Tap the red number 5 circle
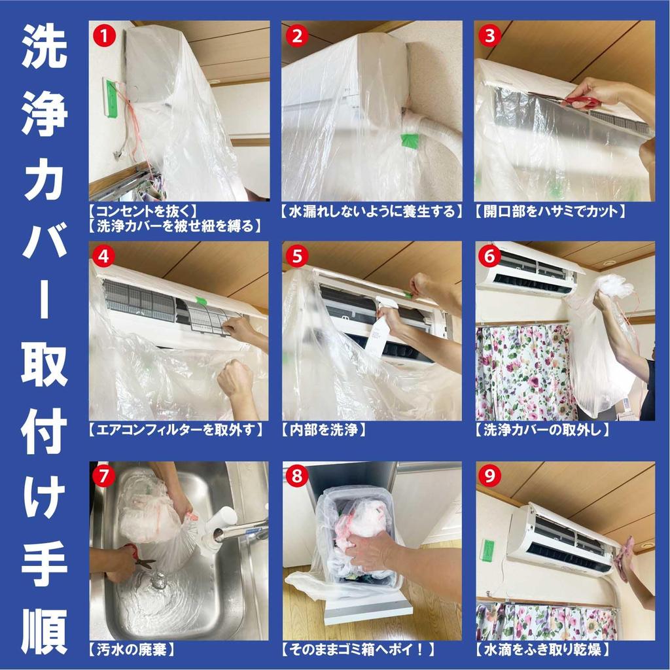tap(298, 256)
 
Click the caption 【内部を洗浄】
tap(323, 430)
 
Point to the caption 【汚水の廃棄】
tap(131, 650)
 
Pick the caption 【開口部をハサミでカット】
tap(550, 211)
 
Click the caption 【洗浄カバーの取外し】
tap(542, 430)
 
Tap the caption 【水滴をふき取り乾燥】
tap(543, 650)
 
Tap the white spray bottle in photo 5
tap(379, 330)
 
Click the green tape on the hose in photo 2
tap(410, 140)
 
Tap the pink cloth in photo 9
tap(625, 556)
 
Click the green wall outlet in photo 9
tap(487, 549)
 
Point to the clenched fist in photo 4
tap(236, 379)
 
